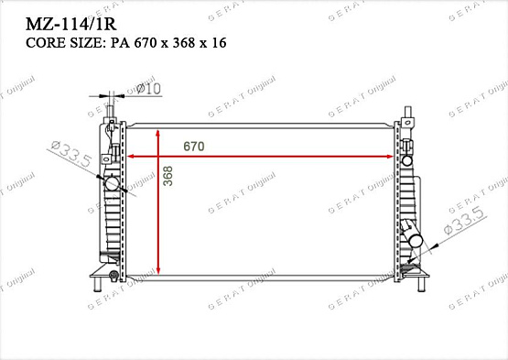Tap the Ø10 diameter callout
pos(148,88)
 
